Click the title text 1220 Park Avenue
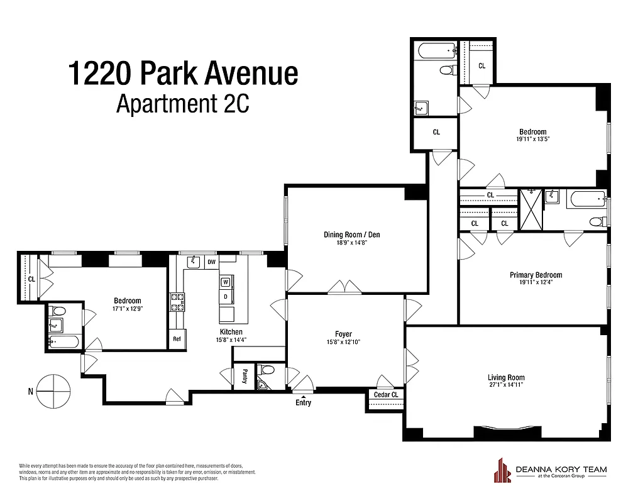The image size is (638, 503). point(182,74)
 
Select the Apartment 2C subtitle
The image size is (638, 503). point(182,104)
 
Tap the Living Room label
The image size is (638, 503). point(506,377)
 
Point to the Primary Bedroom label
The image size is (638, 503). point(535,275)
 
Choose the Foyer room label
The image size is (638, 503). point(343,334)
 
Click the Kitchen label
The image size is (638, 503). point(231,332)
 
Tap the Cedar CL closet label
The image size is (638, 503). point(386,395)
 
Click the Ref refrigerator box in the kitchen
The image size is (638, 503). point(177,339)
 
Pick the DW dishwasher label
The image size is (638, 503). point(211,262)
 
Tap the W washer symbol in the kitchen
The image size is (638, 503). point(225,282)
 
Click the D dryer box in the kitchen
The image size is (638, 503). point(225,296)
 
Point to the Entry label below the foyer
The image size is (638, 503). point(303,403)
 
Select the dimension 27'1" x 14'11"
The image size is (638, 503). point(506,385)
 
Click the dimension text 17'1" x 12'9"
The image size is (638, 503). point(128,308)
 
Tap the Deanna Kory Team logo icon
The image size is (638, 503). point(502,471)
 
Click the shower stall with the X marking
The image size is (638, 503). point(529,210)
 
